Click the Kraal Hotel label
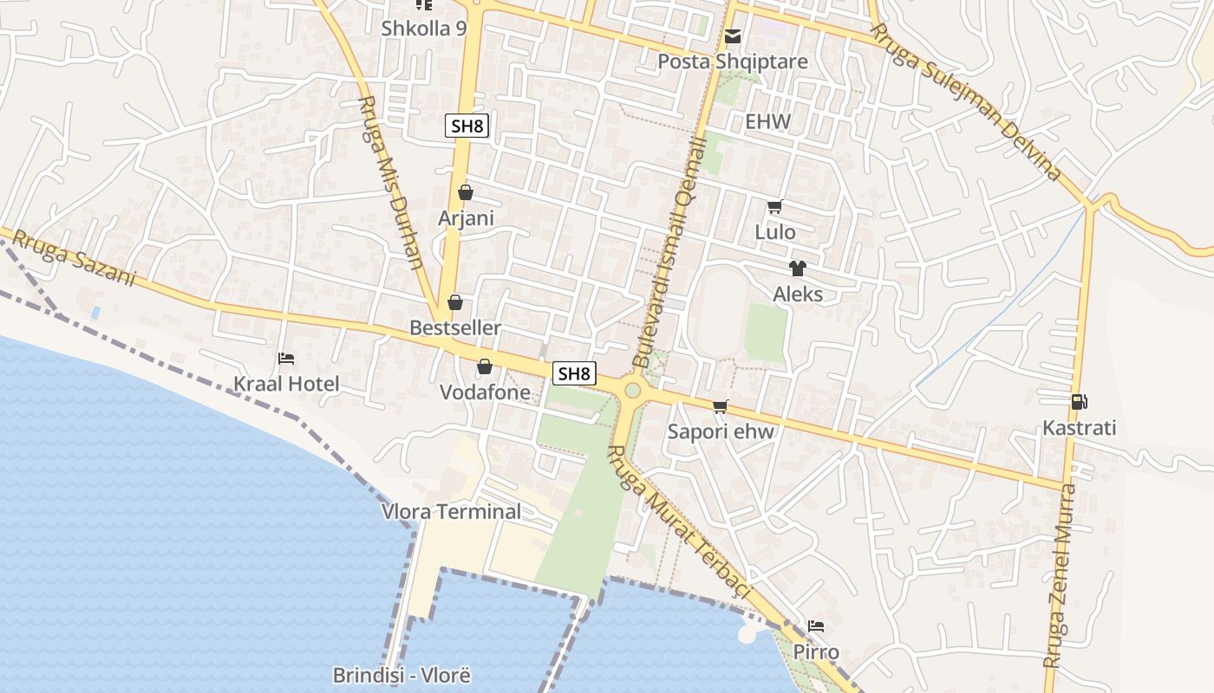click(x=286, y=384)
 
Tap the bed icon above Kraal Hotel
click(x=286, y=359)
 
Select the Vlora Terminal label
click(x=452, y=511)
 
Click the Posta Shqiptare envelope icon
click(x=733, y=36)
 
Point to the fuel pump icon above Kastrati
click(x=1080, y=402)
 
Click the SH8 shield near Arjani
click(x=467, y=126)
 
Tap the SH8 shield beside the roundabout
click(x=575, y=373)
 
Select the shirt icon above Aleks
click(x=798, y=269)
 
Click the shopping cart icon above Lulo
click(x=775, y=207)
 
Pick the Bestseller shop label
click(x=455, y=327)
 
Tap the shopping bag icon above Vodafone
click(x=485, y=367)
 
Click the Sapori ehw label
click(x=721, y=431)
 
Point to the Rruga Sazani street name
click(x=75, y=257)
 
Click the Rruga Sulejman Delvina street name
click(x=966, y=102)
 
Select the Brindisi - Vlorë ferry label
click(x=401, y=675)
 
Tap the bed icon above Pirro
click(x=816, y=626)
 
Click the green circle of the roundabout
click(x=632, y=391)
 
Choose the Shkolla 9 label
click(x=424, y=29)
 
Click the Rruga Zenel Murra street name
click(x=1060, y=576)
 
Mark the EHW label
click(x=768, y=121)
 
